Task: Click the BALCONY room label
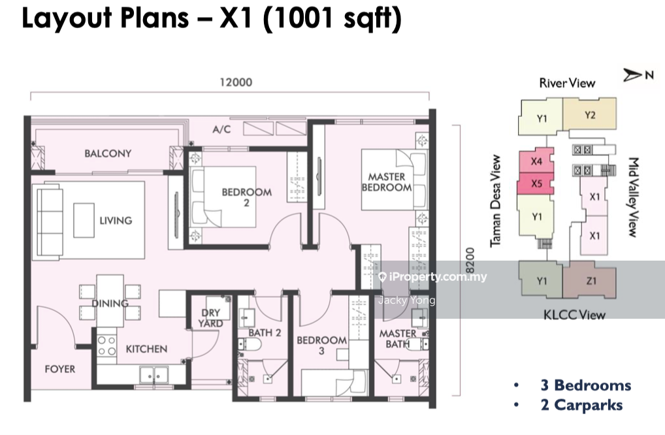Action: tap(108, 153)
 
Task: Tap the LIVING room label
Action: tap(116, 221)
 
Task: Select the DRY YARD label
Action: tap(211, 318)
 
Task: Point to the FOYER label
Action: tap(60, 369)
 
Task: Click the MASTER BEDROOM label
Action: tap(386, 182)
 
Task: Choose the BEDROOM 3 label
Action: tap(321, 346)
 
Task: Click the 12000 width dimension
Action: tap(236, 82)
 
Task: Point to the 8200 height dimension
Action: tap(470, 261)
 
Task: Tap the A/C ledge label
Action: tap(222, 129)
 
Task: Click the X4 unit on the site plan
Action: tap(536, 161)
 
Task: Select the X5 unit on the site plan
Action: tap(536, 184)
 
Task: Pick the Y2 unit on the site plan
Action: tap(589, 114)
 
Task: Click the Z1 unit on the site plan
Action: tap(591, 280)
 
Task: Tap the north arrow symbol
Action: tap(632, 76)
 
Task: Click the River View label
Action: tap(567, 83)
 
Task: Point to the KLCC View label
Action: tap(574, 315)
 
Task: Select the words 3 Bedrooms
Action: tap(586, 385)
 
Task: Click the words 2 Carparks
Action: tap(581, 406)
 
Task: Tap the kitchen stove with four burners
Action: tap(106, 345)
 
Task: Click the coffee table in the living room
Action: tap(84, 221)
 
